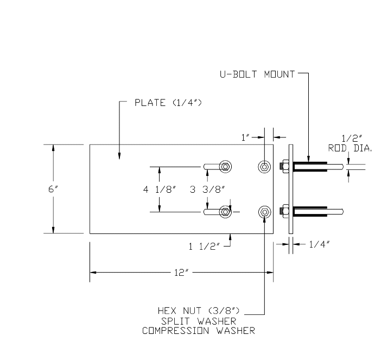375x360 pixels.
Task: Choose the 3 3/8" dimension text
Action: tap(208, 189)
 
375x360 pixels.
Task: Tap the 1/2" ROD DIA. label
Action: tap(346, 142)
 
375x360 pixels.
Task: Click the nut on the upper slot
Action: tap(225, 166)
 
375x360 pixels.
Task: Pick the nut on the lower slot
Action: tap(225, 211)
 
